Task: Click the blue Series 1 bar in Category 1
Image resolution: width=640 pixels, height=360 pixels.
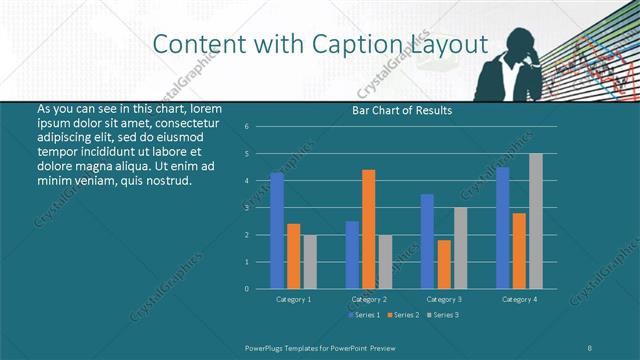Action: tap(277, 230)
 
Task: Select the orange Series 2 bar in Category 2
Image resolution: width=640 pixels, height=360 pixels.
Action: tap(369, 229)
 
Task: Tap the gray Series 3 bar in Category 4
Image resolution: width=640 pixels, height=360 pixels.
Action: tap(535, 221)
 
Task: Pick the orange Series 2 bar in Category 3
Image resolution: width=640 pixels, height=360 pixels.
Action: tap(444, 264)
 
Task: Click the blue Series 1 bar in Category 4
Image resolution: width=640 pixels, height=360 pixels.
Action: tap(503, 228)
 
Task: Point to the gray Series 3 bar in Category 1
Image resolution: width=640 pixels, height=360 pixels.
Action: tap(309, 261)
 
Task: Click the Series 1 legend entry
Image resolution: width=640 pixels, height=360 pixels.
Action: tap(364, 315)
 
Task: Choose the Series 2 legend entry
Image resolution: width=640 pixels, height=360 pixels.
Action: tap(403, 315)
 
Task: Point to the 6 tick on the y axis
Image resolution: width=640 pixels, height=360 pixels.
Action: tap(260, 127)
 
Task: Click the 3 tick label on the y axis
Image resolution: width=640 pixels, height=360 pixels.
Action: tap(260, 208)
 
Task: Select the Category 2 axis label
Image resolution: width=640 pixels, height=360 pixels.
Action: tap(369, 299)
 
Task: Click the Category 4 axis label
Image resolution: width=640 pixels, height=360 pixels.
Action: tap(519, 299)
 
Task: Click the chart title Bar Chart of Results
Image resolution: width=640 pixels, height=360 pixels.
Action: tap(403, 110)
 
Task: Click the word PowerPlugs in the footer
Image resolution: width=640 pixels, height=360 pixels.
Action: tap(268, 347)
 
